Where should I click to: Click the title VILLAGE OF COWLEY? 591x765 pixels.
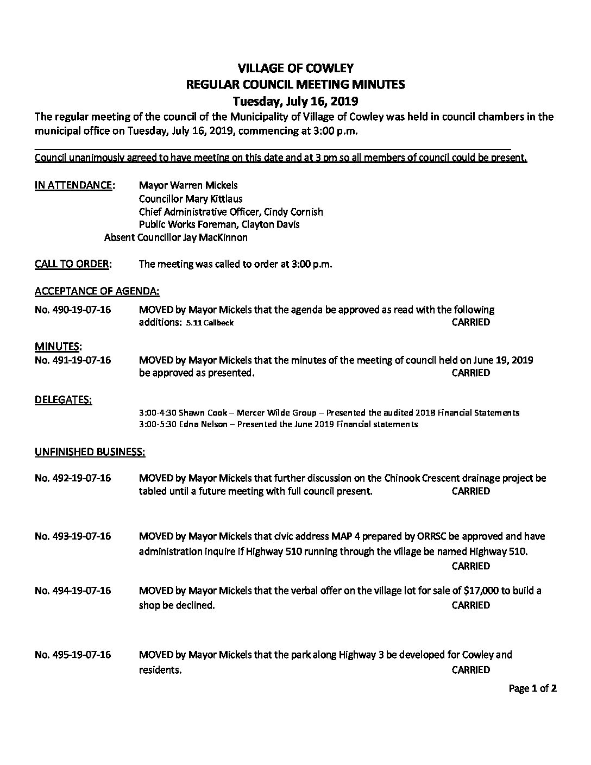(295, 68)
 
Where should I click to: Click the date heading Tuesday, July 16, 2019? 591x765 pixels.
(295, 101)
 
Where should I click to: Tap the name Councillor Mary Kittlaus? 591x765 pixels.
(191, 198)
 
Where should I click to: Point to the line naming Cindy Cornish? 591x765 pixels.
(231, 211)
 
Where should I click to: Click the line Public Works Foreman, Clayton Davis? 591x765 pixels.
(219, 224)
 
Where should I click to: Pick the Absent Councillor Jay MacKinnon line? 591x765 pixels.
(175, 237)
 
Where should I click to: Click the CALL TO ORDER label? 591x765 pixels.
(73, 264)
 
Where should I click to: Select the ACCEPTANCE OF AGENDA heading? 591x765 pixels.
(97, 291)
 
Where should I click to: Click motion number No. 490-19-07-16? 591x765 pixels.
(73, 310)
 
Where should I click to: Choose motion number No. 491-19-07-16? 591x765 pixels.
(73, 360)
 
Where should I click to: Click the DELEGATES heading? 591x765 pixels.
(63, 400)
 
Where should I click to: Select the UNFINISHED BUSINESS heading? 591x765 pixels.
(90, 452)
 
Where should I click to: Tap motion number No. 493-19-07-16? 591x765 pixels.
(73, 536)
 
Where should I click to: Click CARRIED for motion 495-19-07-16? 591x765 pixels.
(470, 670)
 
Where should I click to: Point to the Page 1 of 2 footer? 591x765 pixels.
(532, 689)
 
